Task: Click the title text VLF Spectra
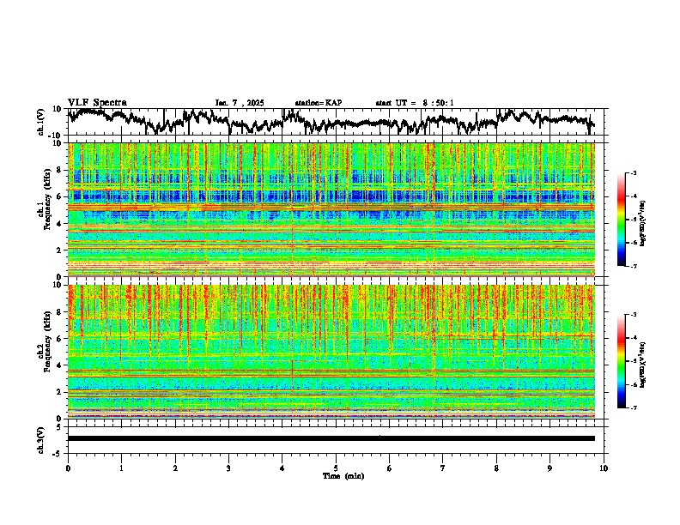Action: click(97, 103)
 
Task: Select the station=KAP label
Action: click(318, 103)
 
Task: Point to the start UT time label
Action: click(415, 103)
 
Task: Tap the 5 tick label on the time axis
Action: click(336, 468)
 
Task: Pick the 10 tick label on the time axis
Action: click(604, 468)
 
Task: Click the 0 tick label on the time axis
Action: click(68, 468)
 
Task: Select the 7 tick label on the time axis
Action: click(443, 468)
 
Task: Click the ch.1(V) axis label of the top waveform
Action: click(42, 122)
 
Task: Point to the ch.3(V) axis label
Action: click(42, 438)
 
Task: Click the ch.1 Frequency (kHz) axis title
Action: click(45, 209)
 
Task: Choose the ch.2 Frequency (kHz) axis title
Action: click(45, 351)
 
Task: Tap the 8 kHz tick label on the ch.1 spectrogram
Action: click(60, 170)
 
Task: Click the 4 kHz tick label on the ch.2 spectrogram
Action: click(60, 365)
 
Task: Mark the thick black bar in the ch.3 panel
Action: click(331, 438)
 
